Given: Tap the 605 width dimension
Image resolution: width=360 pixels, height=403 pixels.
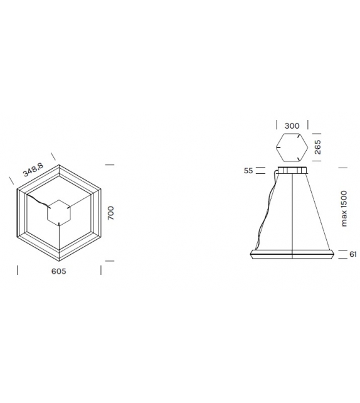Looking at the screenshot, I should pos(58,271).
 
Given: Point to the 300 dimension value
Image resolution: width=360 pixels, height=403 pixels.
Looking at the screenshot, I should pos(292,126).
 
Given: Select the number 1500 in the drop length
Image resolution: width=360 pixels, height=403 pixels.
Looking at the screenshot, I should pos(344,200).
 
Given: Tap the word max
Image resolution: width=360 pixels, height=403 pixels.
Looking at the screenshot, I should pos(344,220).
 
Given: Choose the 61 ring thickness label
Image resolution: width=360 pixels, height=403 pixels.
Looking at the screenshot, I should pos(352,254).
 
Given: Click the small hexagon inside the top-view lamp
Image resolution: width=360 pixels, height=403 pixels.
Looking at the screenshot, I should pos(60,213).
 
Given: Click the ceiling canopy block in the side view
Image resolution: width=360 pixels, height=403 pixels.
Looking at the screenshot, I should pos(292,171).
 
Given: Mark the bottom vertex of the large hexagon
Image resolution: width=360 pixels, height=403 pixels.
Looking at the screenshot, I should pos(60,262).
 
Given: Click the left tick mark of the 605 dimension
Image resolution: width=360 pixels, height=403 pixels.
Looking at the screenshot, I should pos(17,271).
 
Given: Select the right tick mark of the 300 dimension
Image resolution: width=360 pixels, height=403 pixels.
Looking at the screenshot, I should pos(307,126).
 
